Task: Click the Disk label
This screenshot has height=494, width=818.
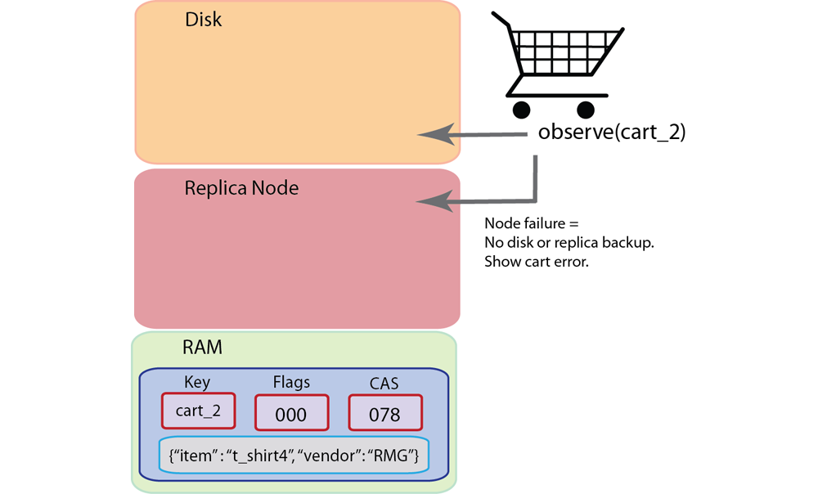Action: pos(203,19)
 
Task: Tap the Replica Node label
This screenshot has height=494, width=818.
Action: pos(241,188)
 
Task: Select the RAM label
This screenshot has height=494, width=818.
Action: pos(202,348)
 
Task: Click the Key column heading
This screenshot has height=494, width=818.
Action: pos(198,382)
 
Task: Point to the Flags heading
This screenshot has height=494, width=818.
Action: pos(291,382)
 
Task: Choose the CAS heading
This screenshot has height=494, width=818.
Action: pos(385,382)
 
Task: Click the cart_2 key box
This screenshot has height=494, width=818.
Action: pos(199,411)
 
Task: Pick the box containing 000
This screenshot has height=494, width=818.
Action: pos(291,413)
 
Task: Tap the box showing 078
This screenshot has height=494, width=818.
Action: pos(385,413)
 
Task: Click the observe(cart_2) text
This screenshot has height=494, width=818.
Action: pos(612,133)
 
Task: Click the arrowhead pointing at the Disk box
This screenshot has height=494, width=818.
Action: pos(434,134)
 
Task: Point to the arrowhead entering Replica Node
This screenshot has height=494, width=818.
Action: pos(434,200)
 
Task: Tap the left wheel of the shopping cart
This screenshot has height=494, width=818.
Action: pos(519,110)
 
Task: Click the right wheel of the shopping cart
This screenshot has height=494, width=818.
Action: pos(585,110)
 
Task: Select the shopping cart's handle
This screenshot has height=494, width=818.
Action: pos(501,20)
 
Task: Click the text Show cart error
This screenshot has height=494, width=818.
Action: pos(537,263)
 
